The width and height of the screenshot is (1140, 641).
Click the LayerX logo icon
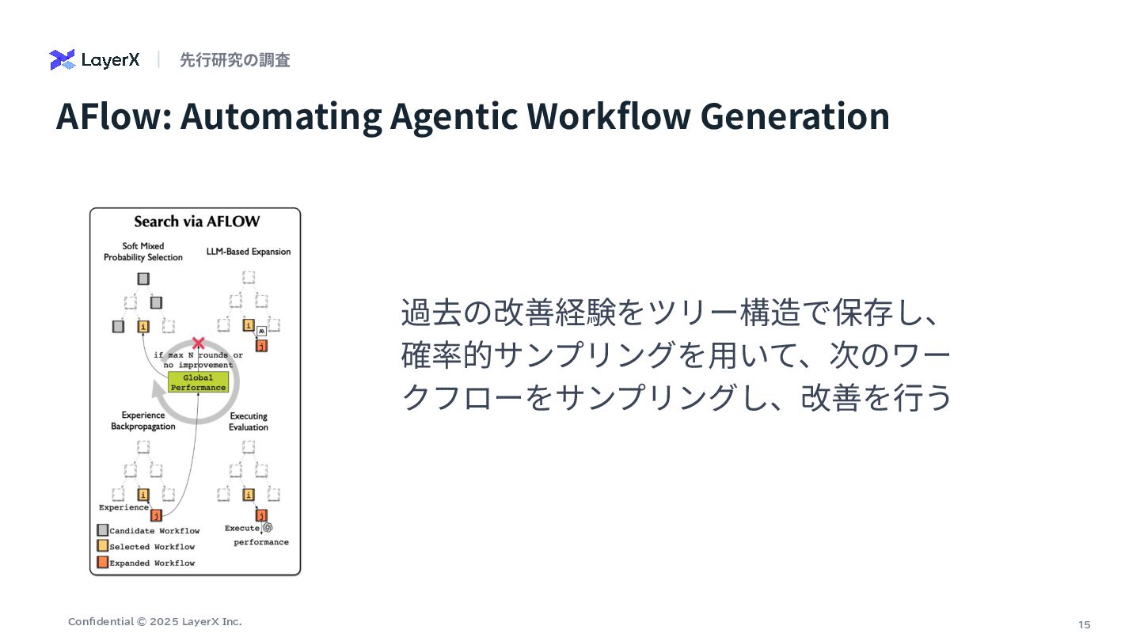click(x=62, y=59)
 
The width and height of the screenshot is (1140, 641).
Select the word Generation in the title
click(x=795, y=116)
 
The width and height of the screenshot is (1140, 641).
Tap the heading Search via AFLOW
click(x=196, y=222)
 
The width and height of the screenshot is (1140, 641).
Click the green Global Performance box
click(x=198, y=383)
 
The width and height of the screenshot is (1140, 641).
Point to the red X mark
click(x=199, y=343)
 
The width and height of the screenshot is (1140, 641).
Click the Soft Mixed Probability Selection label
click(x=143, y=252)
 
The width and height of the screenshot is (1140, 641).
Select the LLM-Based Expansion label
click(x=249, y=252)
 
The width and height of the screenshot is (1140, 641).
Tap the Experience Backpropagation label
click(x=143, y=420)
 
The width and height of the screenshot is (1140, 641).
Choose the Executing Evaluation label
click(x=249, y=421)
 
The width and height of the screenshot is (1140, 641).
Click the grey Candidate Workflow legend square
click(x=102, y=530)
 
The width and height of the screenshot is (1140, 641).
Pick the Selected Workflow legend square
click(x=102, y=546)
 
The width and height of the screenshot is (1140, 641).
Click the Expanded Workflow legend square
click(x=102, y=563)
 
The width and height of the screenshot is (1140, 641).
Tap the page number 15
click(x=1085, y=624)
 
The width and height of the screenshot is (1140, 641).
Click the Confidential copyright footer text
click(x=155, y=622)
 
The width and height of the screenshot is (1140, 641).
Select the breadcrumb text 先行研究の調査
click(x=234, y=59)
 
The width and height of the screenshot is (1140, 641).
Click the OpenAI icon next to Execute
click(x=268, y=527)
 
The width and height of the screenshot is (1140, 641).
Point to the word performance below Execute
click(x=261, y=542)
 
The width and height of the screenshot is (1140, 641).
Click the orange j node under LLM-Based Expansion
click(x=262, y=345)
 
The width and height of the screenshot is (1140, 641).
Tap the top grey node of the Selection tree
click(x=143, y=279)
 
